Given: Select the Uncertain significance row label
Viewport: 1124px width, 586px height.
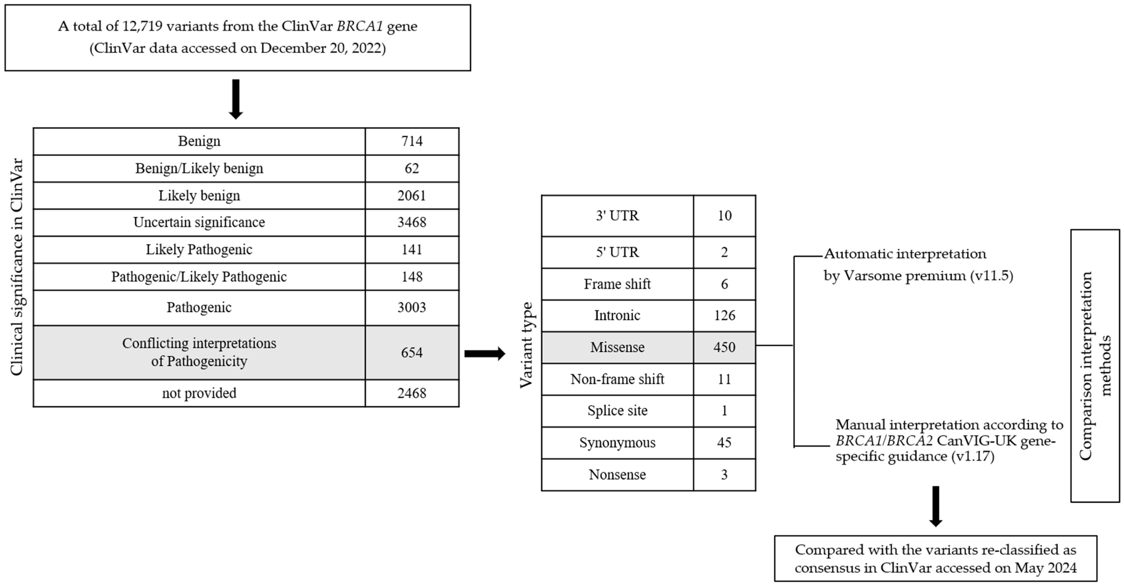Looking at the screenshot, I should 199,222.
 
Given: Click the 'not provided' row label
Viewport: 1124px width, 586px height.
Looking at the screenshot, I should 199,393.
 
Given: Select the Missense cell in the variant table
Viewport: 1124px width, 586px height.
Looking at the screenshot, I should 617,347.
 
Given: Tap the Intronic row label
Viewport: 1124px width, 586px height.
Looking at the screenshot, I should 617,315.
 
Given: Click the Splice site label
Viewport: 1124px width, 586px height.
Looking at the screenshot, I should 617,411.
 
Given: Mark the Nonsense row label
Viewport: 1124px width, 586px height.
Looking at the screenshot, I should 617,474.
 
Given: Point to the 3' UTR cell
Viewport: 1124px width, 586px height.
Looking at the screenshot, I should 617,216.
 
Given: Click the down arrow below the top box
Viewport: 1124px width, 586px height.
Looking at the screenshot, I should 236,99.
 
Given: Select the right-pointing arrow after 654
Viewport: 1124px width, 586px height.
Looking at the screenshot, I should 484,353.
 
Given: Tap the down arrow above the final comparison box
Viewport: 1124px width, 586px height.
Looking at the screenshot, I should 936,507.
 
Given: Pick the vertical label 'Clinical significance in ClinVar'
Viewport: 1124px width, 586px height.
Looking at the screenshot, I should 16,266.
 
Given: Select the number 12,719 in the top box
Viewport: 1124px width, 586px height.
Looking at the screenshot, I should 142,26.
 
